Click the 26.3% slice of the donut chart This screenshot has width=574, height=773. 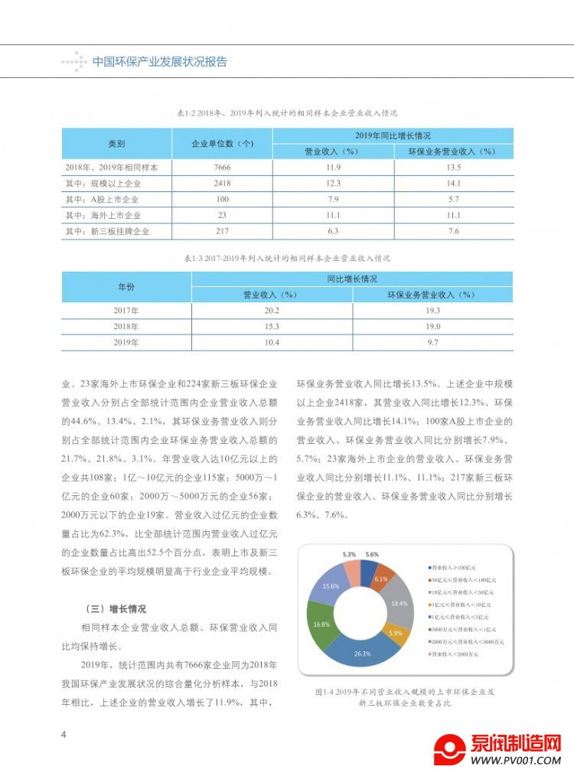pyautogui.click(x=363, y=651)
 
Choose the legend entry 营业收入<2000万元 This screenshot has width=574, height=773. pyautogui.click(x=455, y=654)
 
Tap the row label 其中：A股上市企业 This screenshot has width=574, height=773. pyautogui.click(x=107, y=200)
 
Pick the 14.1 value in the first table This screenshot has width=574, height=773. pyautogui.click(x=453, y=184)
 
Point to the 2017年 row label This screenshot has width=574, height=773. pyautogui.click(x=126, y=310)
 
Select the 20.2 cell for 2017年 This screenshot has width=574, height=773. pyautogui.click(x=272, y=310)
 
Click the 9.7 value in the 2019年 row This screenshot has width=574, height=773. pyautogui.click(x=432, y=342)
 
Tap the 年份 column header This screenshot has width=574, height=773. pyautogui.click(x=126, y=286)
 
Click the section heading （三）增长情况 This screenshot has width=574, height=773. pyautogui.click(x=116, y=609)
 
